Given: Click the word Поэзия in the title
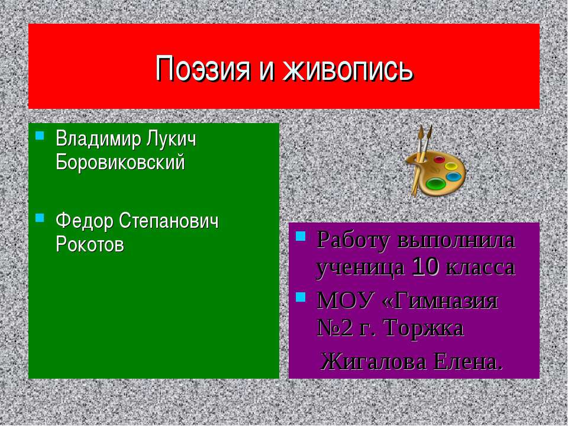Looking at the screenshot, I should (x=199, y=69).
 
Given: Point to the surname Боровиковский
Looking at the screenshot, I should (x=120, y=162).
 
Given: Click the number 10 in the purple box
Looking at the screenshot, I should (x=425, y=267).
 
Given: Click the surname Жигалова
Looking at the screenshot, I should (x=375, y=360).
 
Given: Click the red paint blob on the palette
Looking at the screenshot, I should (x=439, y=159).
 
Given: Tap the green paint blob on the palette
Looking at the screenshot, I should (x=436, y=184).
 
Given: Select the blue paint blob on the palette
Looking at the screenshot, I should (x=453, y=176).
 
